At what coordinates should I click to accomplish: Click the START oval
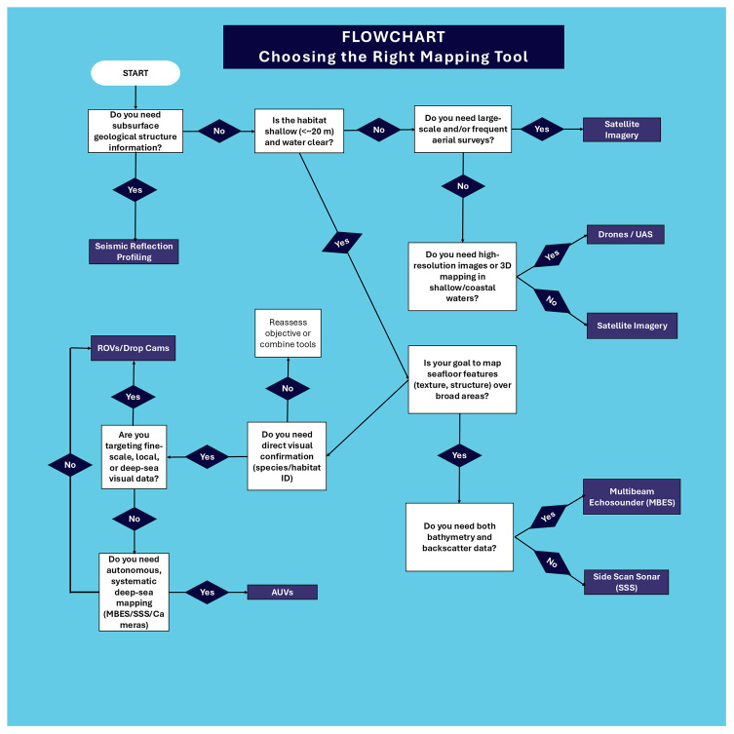(x=135, y=73)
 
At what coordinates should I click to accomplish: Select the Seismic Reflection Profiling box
(x=134, y=251)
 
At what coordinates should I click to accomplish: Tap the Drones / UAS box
(x=626, y=235)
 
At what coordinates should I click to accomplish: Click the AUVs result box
(x=283, y=592)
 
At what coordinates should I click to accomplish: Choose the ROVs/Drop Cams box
(x=133, y=348)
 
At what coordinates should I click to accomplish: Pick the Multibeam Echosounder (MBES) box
(x=632, y=497)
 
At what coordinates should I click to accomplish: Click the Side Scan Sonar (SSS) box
(x=627, y=582)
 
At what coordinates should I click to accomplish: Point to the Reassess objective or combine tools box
(x=288, y=333)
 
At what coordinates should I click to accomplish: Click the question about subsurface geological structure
(x=135, y=131)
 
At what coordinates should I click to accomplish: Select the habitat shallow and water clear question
(x=299, y=131)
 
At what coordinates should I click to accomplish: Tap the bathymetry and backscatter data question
(x=459, y=537)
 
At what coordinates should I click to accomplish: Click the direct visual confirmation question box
(x=287, y=456)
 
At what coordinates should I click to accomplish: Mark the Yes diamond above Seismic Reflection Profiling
(x=135, y=189)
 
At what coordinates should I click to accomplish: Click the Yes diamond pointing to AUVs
(x=207, y=592)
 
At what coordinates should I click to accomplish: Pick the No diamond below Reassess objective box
(x=288, y=389)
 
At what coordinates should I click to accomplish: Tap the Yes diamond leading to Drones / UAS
(x=553, y=255)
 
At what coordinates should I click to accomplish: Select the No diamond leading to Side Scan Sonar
(x=553, y=562)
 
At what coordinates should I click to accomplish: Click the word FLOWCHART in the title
(x=393, y=36)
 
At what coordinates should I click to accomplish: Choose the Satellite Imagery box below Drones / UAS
(x=632, y=326)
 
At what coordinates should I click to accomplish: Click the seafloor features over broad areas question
(x=462, y=379)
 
